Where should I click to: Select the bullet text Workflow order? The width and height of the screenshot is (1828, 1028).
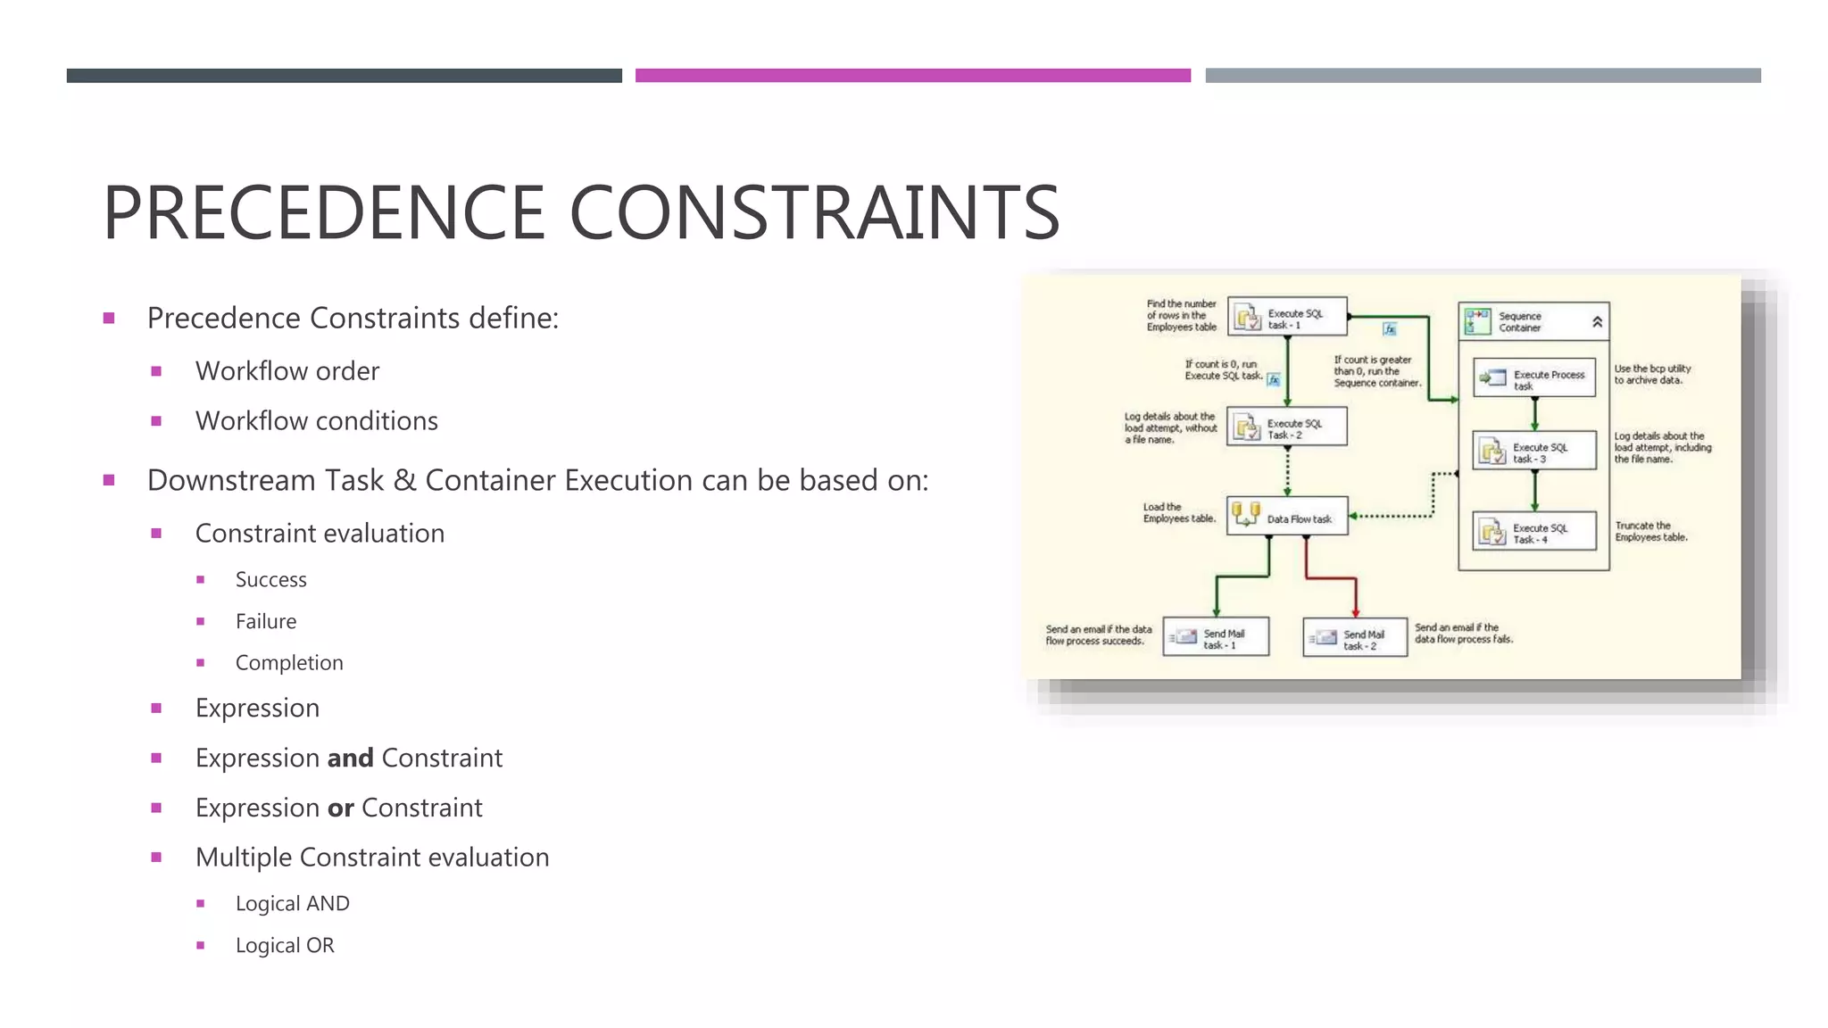pos(287,371)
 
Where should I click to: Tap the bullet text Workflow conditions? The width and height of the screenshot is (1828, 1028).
pos(316,421)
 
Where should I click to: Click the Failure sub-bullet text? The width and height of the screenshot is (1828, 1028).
pos(265,622)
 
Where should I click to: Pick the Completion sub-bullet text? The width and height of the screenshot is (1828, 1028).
pos(288,663)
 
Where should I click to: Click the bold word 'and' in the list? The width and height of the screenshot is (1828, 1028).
pos(350,759)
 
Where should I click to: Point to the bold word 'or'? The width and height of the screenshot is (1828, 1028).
pos(340,808)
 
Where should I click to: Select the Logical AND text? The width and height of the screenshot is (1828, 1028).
pos(292,904)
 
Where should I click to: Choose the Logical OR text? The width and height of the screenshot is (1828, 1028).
pos(284,946)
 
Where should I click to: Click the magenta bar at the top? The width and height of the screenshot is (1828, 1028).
pos(912,76)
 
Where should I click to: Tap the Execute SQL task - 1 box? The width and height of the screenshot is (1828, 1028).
pos(1287,317)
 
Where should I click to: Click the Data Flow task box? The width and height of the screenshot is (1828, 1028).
pos(1287,517)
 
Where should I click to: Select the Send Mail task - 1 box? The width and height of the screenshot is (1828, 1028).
pos(1216,638)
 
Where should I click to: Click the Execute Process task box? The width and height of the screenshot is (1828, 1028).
pos(1533,378)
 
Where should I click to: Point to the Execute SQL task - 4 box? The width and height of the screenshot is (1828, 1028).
pos(1533,533)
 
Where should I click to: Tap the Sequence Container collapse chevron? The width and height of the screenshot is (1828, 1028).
pos(1597,322)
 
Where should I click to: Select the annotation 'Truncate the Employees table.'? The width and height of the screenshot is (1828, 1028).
pos(1650,532)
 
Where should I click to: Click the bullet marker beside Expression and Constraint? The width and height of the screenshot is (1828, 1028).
pos(156,759)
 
